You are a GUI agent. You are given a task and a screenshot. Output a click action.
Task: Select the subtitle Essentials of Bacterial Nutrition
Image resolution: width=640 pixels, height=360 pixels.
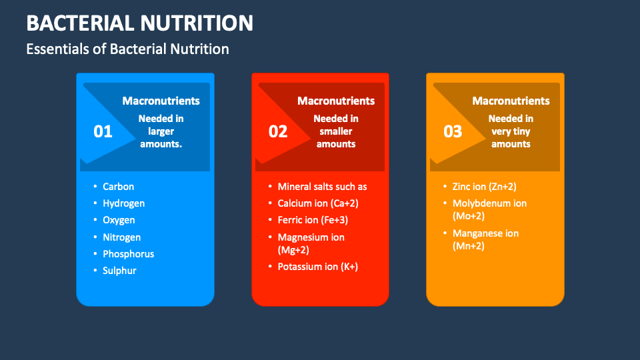click(127, 49)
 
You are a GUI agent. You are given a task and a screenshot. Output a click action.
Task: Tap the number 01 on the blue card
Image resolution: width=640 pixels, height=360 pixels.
click(103, 132)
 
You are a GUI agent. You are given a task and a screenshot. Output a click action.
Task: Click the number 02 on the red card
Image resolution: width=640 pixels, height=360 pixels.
click(278, 132)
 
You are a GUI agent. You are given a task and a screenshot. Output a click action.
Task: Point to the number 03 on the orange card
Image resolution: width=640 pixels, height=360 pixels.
click(453, 132)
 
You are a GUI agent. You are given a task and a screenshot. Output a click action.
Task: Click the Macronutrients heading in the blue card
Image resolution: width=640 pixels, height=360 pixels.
click(161, 101)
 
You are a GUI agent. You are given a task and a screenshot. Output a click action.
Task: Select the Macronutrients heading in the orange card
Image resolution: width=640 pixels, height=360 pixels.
click(511, 101)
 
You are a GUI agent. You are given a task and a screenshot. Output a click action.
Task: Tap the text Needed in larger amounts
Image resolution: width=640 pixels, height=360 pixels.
click(161, 131)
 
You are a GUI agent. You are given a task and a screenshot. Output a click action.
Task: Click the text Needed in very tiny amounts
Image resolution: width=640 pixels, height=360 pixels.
click(511, 131)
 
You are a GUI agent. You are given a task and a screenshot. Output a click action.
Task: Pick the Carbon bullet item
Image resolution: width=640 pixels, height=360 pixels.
click(118, 187)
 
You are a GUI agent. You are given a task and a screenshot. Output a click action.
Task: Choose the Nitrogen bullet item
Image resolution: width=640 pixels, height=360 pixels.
click(121, 237)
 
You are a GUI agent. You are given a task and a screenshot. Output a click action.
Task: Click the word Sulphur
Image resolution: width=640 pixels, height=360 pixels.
click(119, 271)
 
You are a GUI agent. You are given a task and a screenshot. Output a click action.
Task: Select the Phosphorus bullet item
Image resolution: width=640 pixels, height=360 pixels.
click(128, 254)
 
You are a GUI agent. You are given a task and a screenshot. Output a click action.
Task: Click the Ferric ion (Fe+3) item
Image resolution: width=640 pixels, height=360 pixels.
click(313, 220)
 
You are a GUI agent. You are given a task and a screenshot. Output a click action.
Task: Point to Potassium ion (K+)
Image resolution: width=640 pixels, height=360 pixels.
click(317, 267)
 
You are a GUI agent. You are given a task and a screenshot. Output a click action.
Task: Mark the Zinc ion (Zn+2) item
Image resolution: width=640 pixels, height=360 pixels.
click(485, 187)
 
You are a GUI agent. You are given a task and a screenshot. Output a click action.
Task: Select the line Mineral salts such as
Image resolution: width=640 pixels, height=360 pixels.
click(322, 187)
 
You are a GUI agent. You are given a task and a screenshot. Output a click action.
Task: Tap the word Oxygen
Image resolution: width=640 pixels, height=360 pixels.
click(119, 220)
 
